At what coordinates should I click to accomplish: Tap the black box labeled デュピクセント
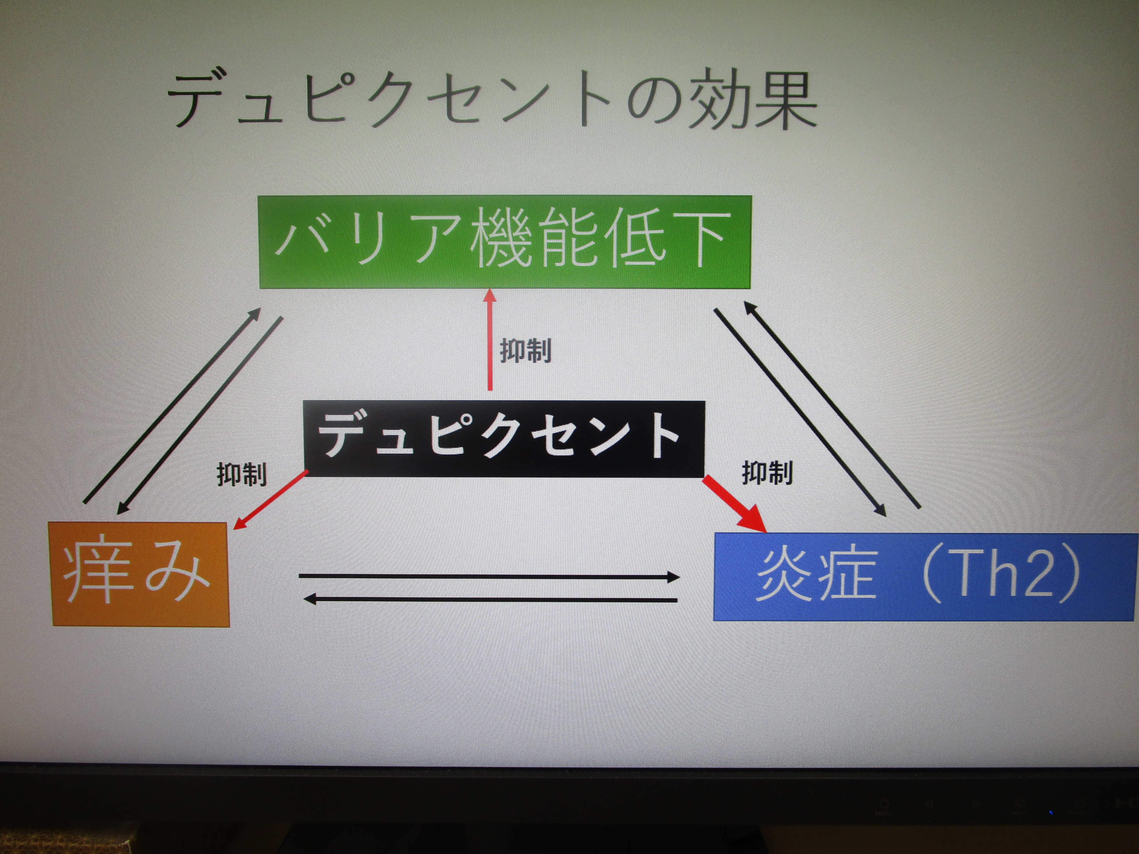(x=504, y=438)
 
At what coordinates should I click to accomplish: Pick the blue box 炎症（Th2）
(x=925, y=577)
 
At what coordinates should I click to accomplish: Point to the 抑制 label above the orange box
(x=241, y=474)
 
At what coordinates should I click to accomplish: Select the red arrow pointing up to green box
(x=490, y=340)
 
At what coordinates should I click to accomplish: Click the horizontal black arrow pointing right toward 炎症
(x=489, y=577)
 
